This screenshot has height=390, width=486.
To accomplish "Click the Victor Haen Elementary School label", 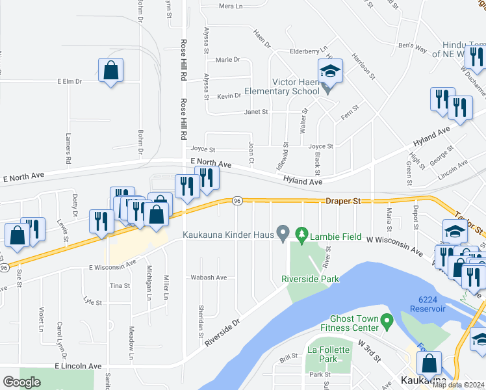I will click(x=282, y=86).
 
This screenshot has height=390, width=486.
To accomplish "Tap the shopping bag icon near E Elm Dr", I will click(x=110, y=70).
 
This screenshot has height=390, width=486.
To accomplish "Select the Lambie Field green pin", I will click(x=301, y=233).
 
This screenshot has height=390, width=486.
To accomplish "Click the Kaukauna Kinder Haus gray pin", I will click(x=283, y=233).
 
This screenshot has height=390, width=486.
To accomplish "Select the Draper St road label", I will click(x=342, y=201).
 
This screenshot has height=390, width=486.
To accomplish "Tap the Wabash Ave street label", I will click(x=208, y=278).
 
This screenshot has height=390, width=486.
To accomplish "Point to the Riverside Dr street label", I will click(x=222, y=331).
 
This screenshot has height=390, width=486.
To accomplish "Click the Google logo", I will click(x=21, y=382).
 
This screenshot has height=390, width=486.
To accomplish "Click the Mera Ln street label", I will click(x=230, y=6).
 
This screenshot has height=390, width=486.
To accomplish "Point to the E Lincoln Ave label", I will click(x=78, y=367).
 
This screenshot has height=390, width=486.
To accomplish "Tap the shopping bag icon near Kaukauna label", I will click(x=429, y=363).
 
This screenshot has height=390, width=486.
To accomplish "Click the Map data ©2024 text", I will click(x=461, y=385).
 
